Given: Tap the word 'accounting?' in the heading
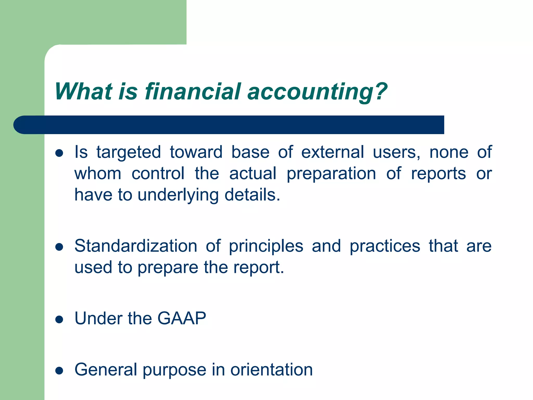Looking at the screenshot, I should (x=317, y=92).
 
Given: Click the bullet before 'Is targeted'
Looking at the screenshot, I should (x=59, y=153).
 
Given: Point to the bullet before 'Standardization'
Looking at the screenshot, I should (x=59, y=247).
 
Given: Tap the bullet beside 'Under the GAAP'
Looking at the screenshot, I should (x=59, y=319).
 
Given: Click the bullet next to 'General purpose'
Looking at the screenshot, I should (x=59, y=371).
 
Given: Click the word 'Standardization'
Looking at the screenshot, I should (x=136, y=246).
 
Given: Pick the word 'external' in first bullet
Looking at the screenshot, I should (x=332, y=152).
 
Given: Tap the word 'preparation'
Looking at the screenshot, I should (x=331, y=174).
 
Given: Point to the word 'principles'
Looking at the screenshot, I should (x=266, y=246).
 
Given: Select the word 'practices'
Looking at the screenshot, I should (x=385, y=246).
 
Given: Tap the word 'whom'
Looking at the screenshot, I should (x=98, y=174).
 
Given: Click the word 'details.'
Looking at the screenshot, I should (x=252, y=195).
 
